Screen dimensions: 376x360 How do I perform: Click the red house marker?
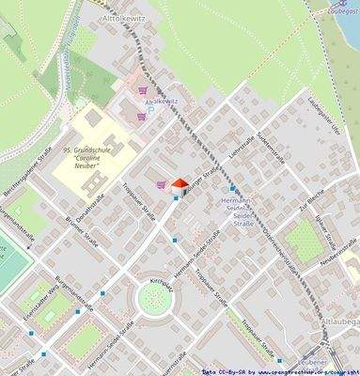179,186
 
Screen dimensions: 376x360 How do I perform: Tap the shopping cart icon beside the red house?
162,184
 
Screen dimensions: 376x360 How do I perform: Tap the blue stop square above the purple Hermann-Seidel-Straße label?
233,188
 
